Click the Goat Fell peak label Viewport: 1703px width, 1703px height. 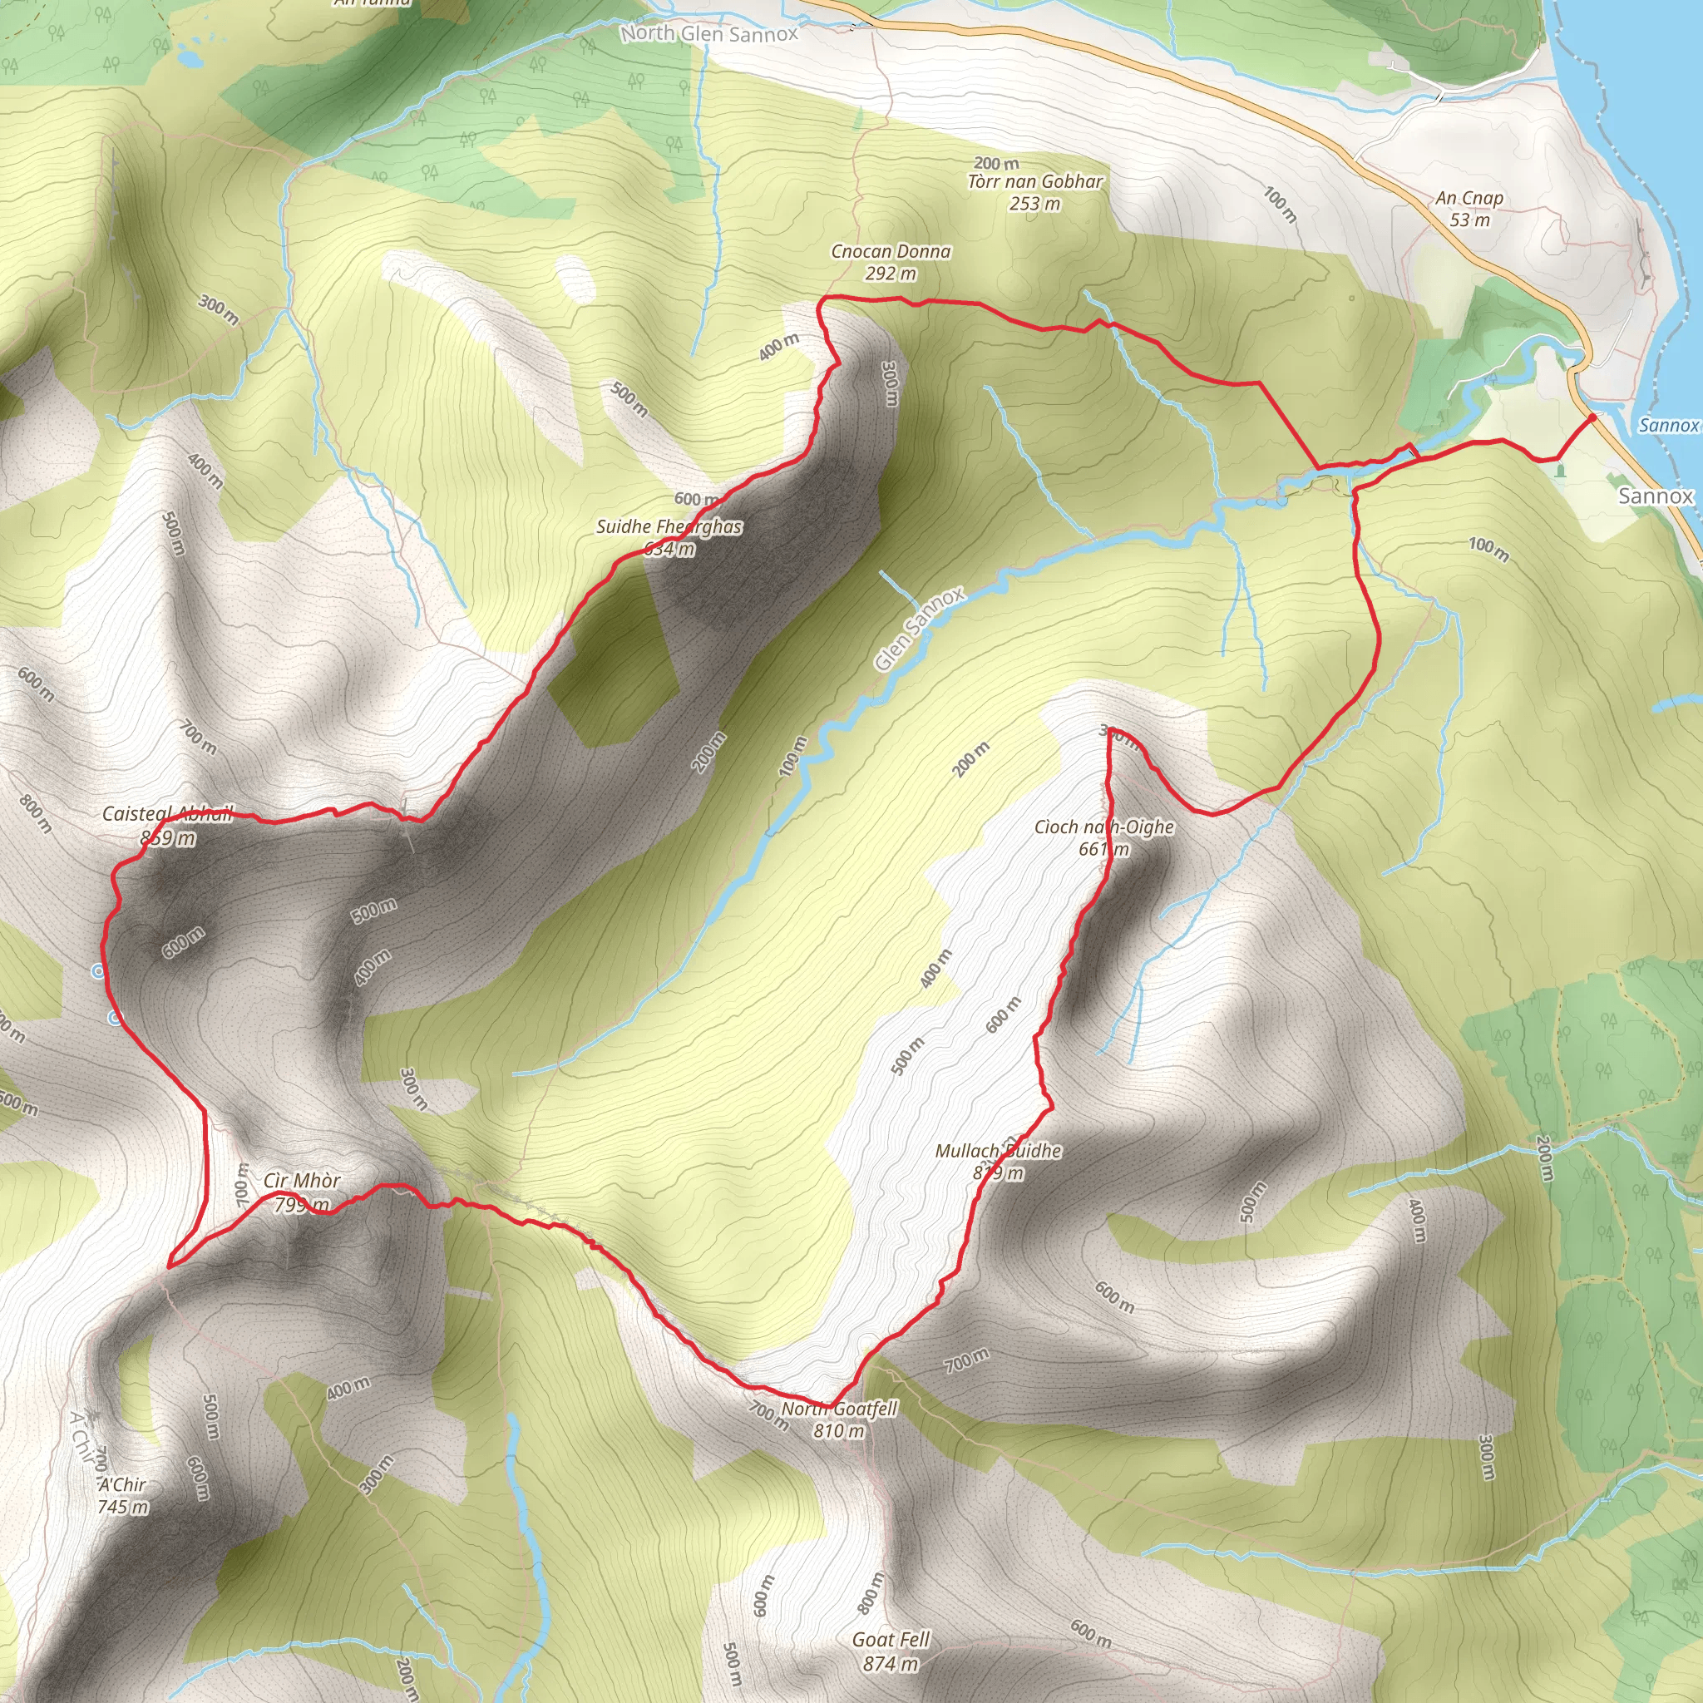coord(891,1640)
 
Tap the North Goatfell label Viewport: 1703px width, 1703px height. coord(838,1409)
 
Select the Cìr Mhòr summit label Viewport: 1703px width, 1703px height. coord(302,1181)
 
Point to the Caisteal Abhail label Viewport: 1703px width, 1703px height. coord(167,813)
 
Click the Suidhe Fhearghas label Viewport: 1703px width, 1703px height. coord(669,527)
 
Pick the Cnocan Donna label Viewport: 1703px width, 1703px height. coord(891,252)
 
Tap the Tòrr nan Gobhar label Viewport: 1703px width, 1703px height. coord(1034,182)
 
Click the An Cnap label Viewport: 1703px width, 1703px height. coord(1469,199)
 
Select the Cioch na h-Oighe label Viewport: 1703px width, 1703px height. coord(1103,827)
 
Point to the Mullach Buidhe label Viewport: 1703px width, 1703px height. coord(998,1151)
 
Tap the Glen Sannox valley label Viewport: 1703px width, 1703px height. coord(920,629)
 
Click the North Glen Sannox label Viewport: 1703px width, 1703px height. coord(708,33)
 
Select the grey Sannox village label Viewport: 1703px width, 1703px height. coord(1656,496)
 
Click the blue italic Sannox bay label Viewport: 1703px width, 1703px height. coord(1668,426)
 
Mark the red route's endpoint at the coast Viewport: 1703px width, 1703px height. coord(1592,417)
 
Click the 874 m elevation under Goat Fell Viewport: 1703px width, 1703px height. coord(891,1664)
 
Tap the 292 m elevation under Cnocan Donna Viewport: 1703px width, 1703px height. coord(891,274)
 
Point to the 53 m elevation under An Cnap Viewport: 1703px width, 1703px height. coord(1469,220)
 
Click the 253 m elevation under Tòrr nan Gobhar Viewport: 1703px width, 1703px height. coord(1034,204)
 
